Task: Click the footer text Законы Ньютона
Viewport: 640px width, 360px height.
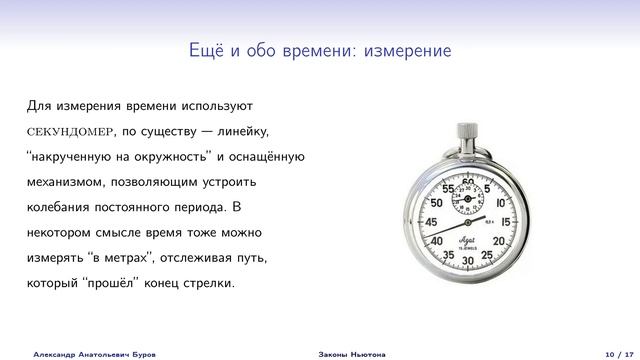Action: coord(346,352)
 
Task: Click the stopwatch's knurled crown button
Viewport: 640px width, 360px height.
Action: coord(466,131)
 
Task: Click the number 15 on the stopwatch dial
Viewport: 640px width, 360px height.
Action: coord(505,221)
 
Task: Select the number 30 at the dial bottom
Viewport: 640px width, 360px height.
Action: coord(468,260)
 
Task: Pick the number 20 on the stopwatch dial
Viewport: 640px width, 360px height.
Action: coord(499,241)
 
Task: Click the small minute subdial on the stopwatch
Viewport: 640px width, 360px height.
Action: coord(468,202)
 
